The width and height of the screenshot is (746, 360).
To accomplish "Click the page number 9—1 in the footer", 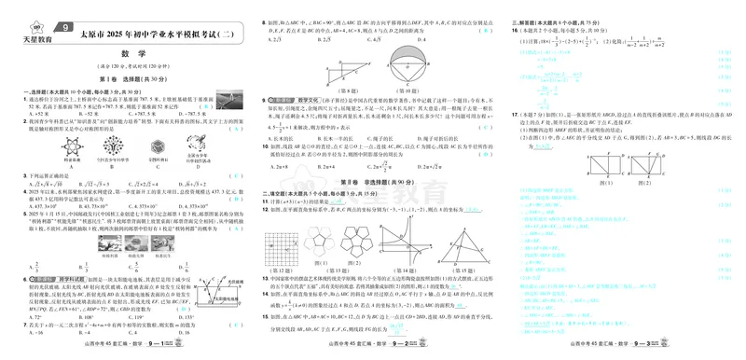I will [187, 344].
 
